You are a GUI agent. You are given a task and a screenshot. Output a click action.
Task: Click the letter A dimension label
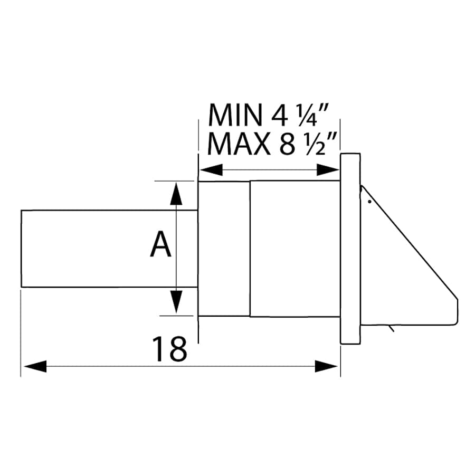[x=161, y=245]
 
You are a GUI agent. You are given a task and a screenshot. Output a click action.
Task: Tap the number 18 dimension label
[x=169, y=349]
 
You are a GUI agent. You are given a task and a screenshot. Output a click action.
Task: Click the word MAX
[x=239, y=143]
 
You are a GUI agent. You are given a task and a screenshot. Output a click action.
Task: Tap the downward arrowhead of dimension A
[x=177, y=302]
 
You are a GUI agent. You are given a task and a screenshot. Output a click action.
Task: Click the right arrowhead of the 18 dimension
[x=327, y=366]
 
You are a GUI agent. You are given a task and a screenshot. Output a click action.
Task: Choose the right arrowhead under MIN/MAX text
[x=328, y=169]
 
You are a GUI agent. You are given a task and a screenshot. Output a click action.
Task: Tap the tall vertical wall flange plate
[x=350, y=249]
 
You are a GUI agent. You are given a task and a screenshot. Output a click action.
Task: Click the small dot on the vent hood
[x=369, y=201]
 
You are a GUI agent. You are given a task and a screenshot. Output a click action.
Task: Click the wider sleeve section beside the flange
[x=294, y=249]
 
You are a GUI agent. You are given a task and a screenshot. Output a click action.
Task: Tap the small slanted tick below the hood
[x=391, y=329]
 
